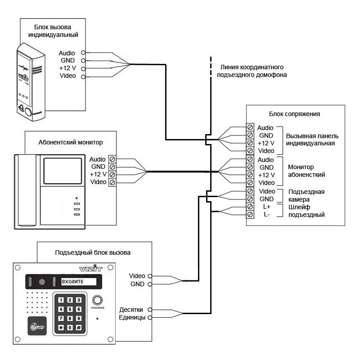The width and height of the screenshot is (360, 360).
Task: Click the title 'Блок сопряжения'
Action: tap(294, 114)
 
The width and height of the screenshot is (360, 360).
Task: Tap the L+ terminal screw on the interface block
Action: tap(250, 207)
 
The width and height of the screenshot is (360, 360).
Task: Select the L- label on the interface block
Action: tap(266, 215)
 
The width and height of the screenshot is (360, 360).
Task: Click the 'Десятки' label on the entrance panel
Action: tap(131, 310)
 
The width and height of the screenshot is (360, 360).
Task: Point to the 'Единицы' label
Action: tap(131, 318)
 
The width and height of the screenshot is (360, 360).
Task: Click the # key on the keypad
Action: tap(78, 328)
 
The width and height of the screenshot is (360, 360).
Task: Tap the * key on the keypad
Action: tap(60, 328)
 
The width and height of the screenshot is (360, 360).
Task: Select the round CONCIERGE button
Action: tap(97, 300)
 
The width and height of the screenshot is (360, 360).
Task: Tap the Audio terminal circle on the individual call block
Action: tap(83, 53)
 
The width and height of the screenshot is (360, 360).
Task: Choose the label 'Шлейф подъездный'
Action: tap(307, 211)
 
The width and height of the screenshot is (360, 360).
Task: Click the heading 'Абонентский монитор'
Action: tap(71, 142)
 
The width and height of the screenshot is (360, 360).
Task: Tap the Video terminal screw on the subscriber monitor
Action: tap(112, 182)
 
